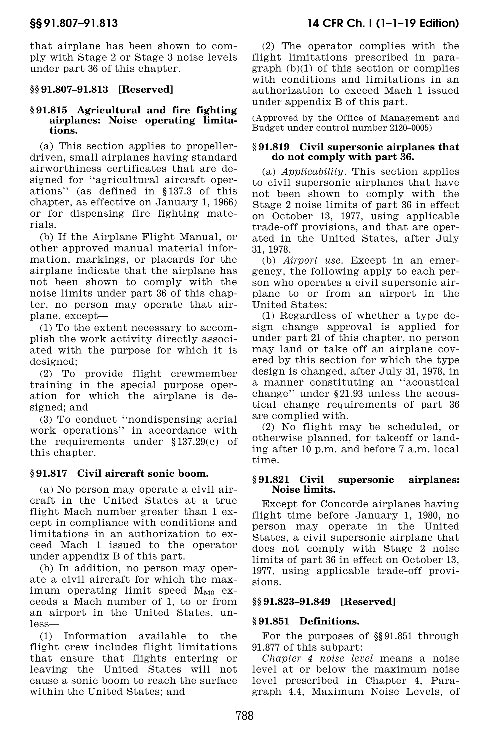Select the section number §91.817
click(49, 473)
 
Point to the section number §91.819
click(271, 147)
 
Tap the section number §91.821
click(271, 480)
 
